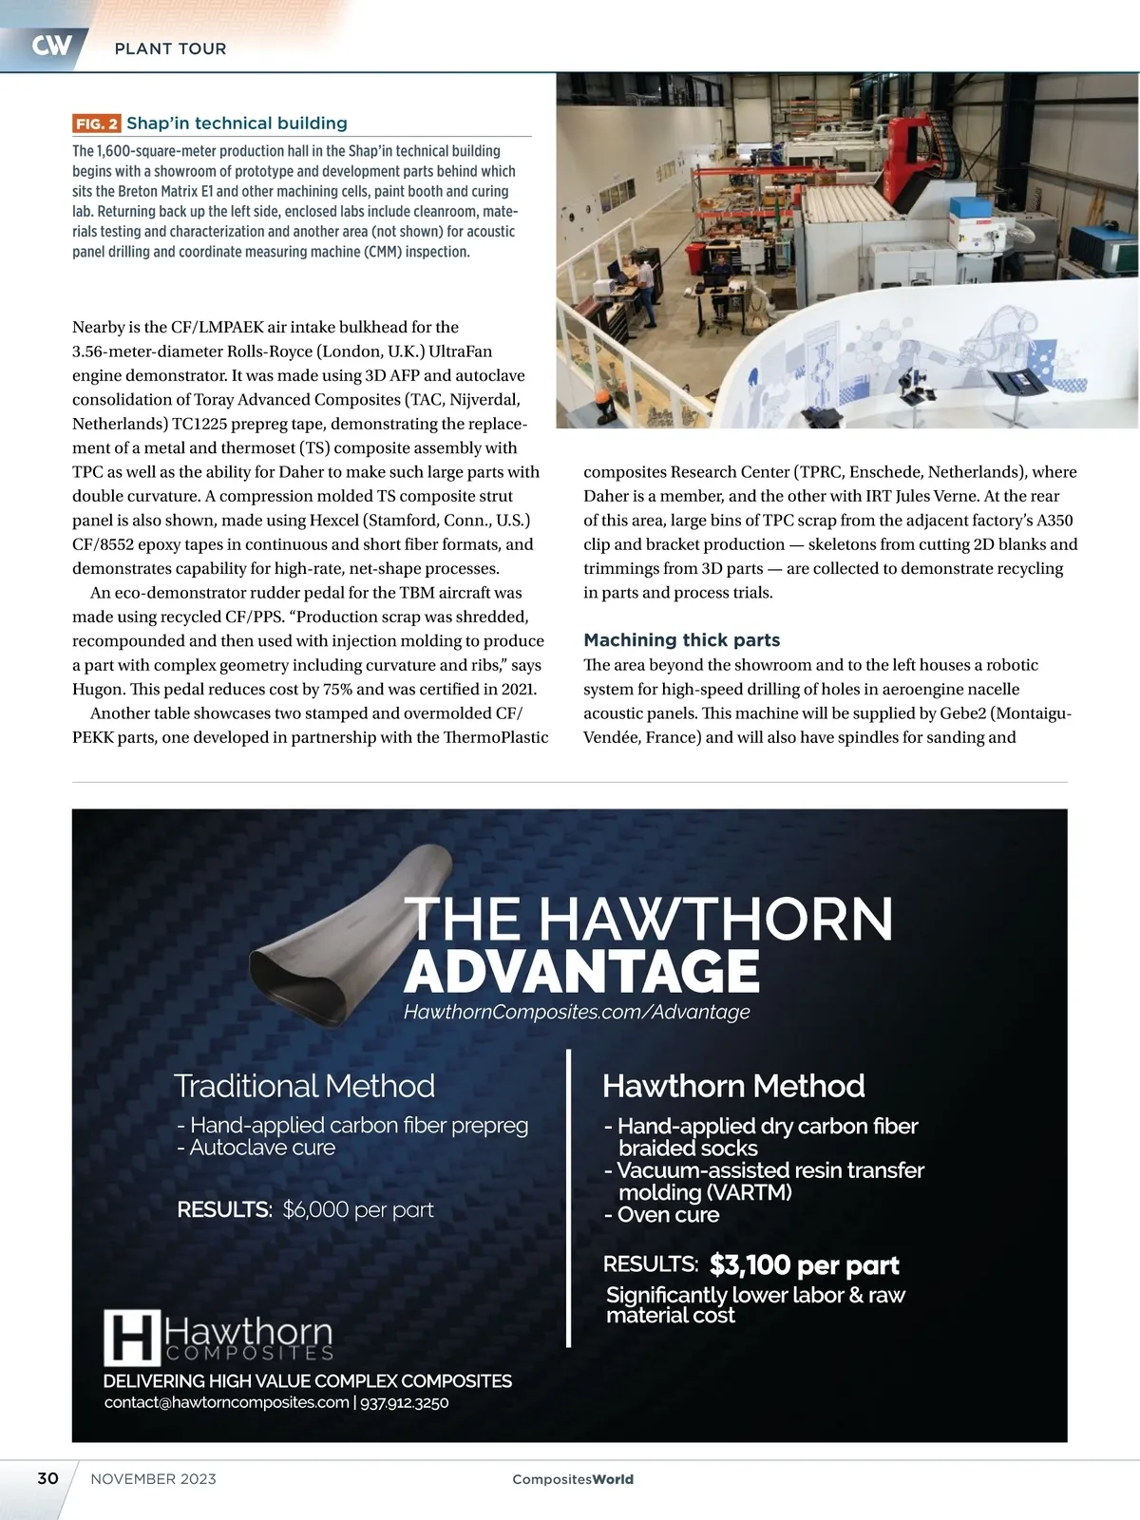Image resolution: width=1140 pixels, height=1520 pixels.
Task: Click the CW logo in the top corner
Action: click(x=50, y=46)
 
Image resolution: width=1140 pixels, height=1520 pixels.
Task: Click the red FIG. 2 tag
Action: click(x=97, y=123)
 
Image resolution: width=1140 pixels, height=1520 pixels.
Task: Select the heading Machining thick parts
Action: click(x=681, y=639)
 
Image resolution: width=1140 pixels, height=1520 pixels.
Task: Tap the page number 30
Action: click(x=47, y=1478)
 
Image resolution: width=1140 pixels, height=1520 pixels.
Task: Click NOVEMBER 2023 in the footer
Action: click(x=153, y=1479)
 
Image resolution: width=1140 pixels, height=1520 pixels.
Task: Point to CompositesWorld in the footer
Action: click(x=572, y=1479)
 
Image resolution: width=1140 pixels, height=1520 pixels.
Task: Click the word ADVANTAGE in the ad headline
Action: click(x=581, y=972)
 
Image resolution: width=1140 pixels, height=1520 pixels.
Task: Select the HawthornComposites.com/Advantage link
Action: click(x=577, y=1013)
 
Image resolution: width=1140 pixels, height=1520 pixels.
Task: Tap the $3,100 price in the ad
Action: click(x=750, y=1264)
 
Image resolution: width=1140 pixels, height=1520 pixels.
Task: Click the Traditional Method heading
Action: click(x=304, y=1086)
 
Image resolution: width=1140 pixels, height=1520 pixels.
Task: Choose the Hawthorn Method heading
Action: click(x=733, y=1086)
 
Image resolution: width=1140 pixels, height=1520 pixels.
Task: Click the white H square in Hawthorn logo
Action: click(x=131, y=1338)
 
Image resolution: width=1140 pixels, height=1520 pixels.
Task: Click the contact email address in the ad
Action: click(x=226, y=1402)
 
